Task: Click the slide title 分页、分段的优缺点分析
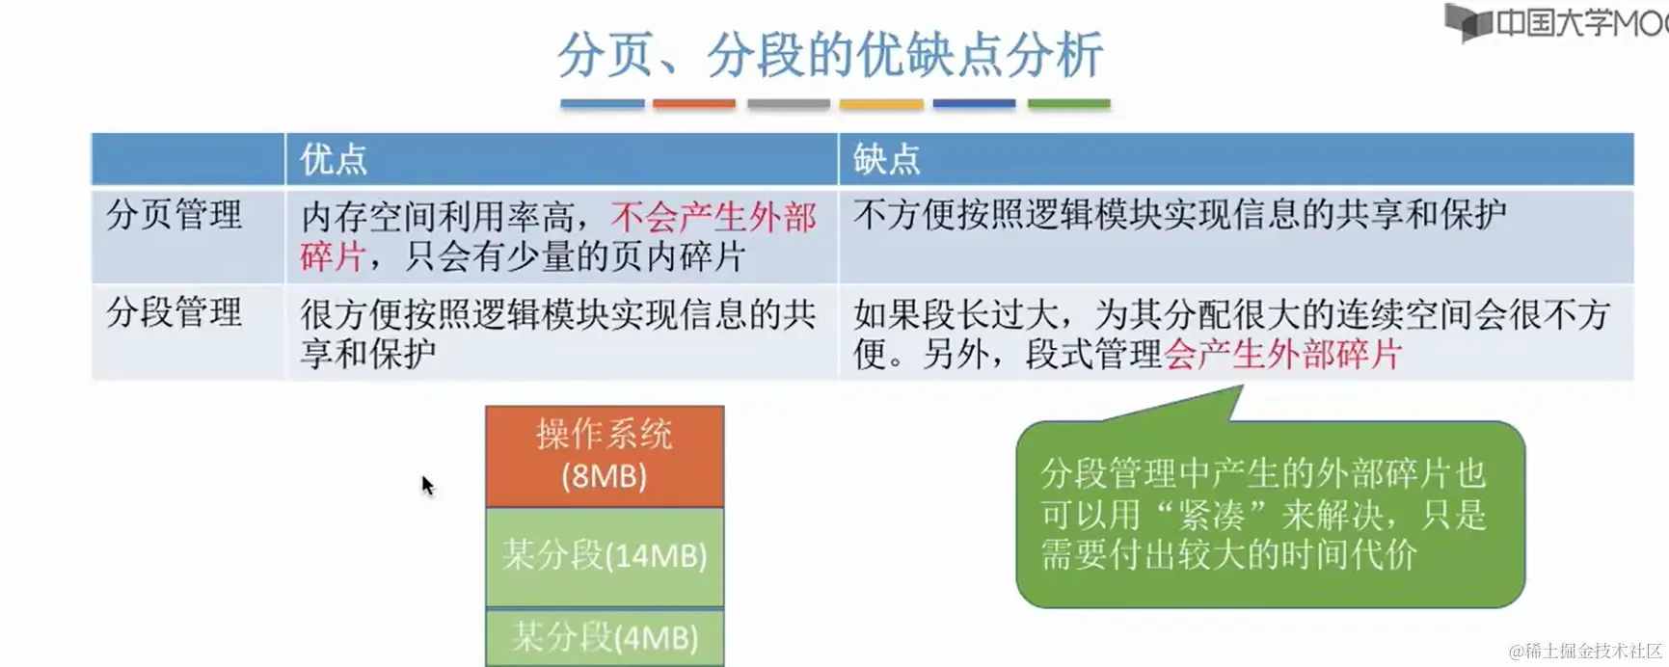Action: pos(830,54)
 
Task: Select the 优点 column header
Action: pos(334,159)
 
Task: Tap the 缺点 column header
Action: pos(887,159)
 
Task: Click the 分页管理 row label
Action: pos(174,215)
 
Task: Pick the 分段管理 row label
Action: pos(174,312)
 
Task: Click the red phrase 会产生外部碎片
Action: pos(1283,355)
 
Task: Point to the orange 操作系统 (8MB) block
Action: pos(605,456)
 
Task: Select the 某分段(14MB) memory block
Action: pos(605,557)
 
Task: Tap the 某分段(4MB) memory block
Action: pos(605,637)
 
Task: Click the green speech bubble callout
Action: pos(1270,514)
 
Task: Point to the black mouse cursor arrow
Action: pos(428,486)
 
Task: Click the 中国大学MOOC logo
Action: pos(1556,21)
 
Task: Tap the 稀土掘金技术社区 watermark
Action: pos(1587,652)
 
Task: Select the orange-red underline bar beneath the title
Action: pos(694,103)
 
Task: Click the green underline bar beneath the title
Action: pos(1069,103)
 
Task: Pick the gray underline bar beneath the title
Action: pos(788,103)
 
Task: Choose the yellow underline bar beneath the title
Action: pos(881,103)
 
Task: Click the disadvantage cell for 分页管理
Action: pos(1236,236)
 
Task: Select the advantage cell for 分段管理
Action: pos(561,333)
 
